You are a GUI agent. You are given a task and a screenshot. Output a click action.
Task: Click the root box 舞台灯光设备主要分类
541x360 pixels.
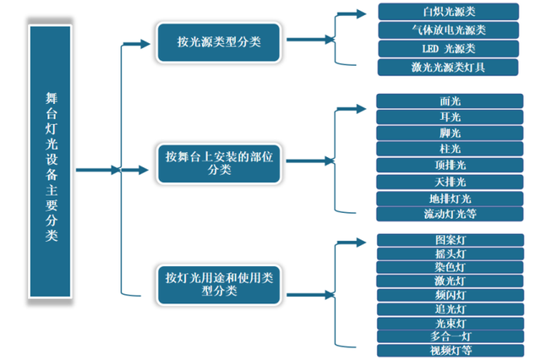52,168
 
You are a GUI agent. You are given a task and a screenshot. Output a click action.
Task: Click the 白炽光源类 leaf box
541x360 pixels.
449,12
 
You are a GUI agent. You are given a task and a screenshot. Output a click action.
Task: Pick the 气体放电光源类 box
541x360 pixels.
449,30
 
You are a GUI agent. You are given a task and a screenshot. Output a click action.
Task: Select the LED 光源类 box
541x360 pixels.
449,48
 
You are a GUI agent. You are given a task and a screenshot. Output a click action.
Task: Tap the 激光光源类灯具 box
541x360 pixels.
449,66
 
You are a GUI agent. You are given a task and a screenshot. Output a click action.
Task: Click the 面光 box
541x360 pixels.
449,101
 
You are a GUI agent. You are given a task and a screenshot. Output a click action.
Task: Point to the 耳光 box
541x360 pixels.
449,117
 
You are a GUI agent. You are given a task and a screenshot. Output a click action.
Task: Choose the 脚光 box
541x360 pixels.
449,134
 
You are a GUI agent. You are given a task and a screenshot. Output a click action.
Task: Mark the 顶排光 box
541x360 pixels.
449,166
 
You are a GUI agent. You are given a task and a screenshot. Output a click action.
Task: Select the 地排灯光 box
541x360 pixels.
449,199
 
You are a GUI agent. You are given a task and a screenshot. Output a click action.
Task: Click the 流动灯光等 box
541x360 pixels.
449,215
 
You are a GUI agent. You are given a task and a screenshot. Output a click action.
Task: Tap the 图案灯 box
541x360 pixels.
449,240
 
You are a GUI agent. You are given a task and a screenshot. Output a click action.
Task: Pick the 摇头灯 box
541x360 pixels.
449,254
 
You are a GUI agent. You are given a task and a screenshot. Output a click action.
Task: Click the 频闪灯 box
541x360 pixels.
449,295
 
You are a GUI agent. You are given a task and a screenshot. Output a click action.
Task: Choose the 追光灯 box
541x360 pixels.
449,309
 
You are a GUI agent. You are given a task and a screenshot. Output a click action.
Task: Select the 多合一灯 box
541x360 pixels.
449,336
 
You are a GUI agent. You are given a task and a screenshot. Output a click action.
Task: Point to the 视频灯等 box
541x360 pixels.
449,350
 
